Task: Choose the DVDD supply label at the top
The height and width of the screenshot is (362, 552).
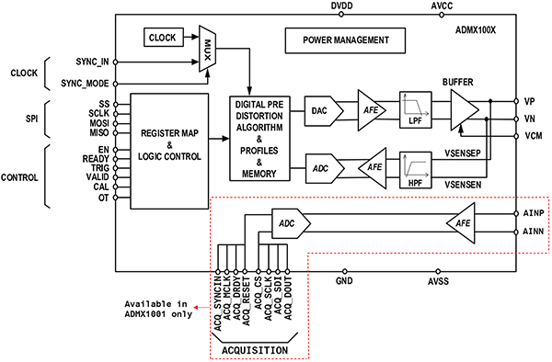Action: pos(340,6)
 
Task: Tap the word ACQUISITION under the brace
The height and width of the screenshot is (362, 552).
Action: pos(255,350)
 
